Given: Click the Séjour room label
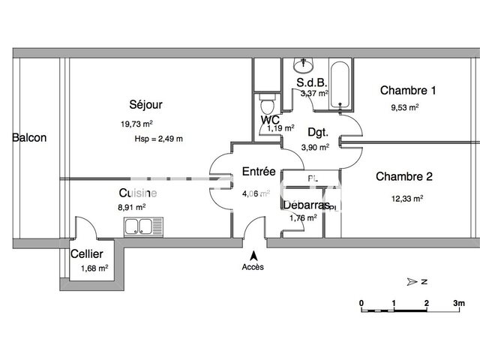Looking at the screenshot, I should point(145,105).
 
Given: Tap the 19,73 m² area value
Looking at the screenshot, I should point(136,124).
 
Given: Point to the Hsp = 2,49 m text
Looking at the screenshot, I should point(158,139).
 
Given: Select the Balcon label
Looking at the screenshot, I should point(29,138).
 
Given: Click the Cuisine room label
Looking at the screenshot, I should point(131,193).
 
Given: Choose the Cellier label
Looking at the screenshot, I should point(87,254).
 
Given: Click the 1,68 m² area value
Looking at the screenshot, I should point(94,268).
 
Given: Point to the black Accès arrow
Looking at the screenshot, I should point(252,254).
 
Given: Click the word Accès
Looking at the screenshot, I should point(253,267).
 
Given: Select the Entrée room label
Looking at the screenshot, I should point(259,172).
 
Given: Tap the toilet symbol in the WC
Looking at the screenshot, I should point(263,101).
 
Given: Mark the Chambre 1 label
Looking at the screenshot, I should point(408,91).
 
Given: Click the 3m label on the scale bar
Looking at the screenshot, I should point(459,302).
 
